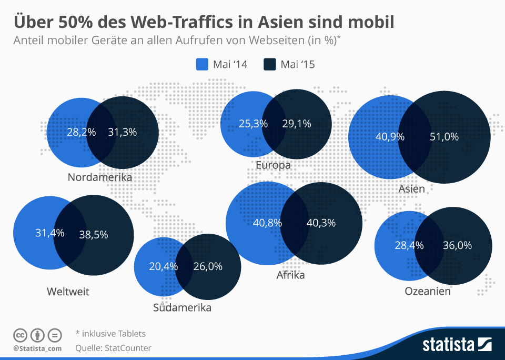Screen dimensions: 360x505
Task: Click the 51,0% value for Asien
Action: [444, 137]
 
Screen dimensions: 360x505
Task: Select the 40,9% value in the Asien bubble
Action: [390, 137]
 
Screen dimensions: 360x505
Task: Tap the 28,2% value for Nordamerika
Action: [82, 132]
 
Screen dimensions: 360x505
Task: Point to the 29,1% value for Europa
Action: [297, 124]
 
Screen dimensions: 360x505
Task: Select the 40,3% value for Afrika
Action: [321, 223]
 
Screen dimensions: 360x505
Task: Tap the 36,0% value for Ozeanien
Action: [457, 245]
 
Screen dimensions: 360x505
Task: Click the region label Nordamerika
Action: [99, 177]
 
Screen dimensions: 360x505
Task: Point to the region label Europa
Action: [273, 166]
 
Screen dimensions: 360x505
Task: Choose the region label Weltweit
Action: [68, 292]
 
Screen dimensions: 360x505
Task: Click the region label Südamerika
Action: [182, 308]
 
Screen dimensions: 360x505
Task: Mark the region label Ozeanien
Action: [427, 291]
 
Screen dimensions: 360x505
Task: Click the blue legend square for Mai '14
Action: [203, 64]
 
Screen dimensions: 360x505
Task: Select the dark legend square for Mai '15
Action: [270, 64]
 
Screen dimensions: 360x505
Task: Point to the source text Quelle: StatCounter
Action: [113, 348]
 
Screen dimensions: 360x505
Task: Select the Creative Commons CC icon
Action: [20, 335]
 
